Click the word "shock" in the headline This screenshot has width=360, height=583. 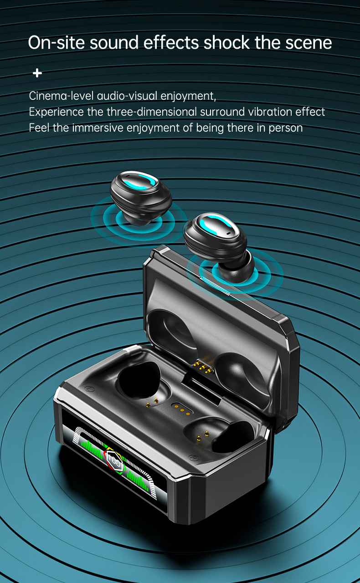click(x=226, y=42)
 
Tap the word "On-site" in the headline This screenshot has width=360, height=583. click(x=56, y=42)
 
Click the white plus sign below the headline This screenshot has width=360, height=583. click(x=37, y=73)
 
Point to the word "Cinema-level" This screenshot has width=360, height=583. click(x=61, y=96)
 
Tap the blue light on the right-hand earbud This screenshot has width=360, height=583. click(x=215, y=224)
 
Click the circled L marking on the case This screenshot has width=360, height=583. click(x=89, y=389)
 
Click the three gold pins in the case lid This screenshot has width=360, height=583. click(x=204, y=367)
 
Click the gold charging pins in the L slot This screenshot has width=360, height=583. click(x=152, y=403)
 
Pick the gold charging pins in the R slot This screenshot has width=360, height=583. click(x=203, y=436)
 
